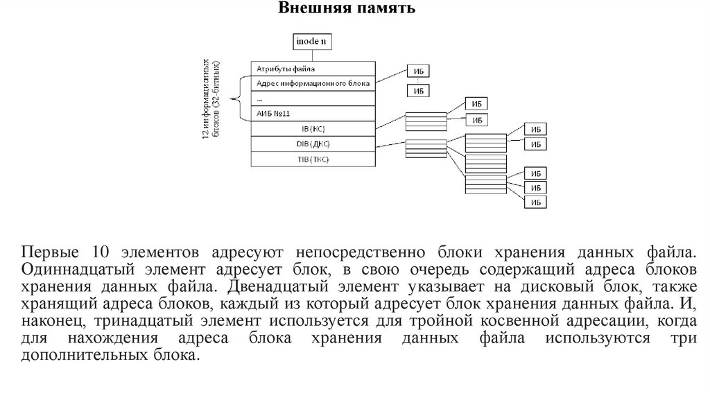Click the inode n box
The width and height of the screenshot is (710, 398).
(x=311, y=42)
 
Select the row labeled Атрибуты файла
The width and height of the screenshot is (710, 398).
(x=313, y=69)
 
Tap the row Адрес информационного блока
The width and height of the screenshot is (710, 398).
(x=313, y=83)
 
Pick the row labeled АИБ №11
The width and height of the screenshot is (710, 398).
(x=313, y=113)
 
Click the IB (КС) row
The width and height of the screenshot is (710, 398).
(x=313, y=128)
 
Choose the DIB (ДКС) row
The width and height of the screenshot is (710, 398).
(x=313, y=144)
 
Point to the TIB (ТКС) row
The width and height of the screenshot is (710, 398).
(x=313, y=159)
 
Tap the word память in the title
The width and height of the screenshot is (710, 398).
(x=381, y=9)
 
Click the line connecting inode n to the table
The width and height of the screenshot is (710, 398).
(x=311, y=55)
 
